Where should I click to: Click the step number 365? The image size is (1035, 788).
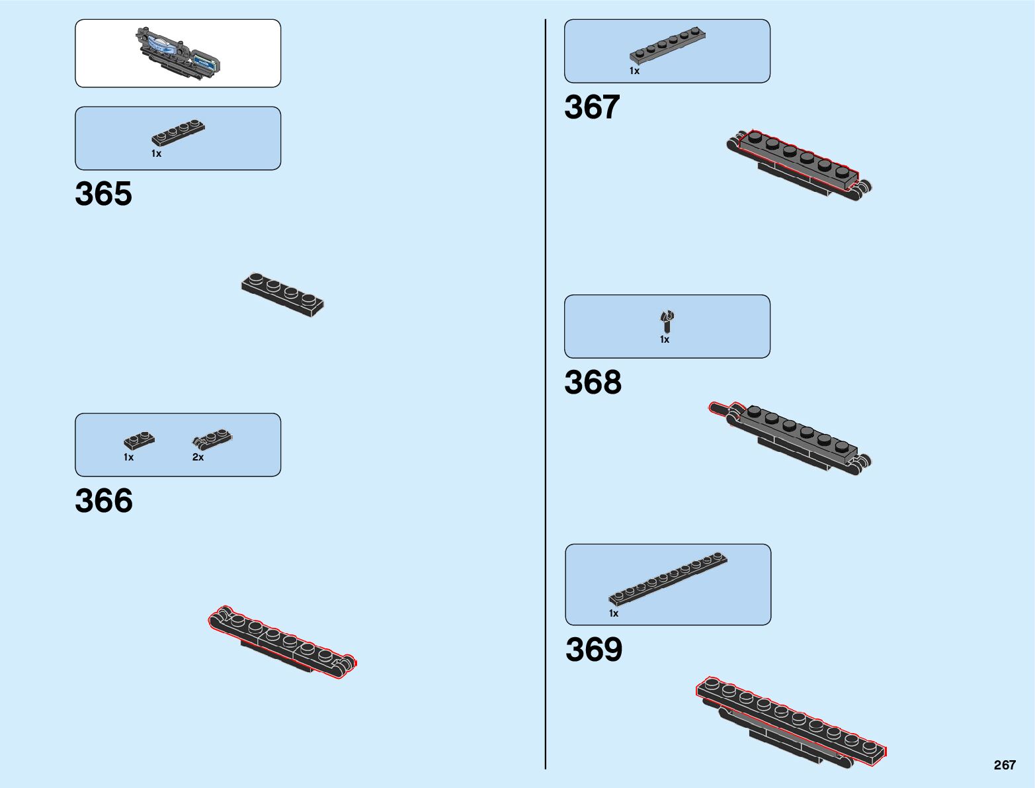[103, 194]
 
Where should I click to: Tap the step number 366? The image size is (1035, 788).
[104, 501]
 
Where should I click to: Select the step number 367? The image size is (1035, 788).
[592, 107]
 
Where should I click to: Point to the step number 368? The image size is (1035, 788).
[593, 382]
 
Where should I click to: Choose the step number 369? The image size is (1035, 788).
[594, 650]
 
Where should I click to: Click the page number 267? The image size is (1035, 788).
[1004, 765]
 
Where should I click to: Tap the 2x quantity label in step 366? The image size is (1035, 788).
[198, 457]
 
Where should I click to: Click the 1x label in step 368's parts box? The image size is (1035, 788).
[665, 339]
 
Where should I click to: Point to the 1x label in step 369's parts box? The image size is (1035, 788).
[614, 613]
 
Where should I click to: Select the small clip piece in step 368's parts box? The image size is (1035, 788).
[667, 321]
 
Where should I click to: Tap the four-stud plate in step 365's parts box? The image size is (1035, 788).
[178, 132]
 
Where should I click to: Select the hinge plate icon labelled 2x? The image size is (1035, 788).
[212, 439]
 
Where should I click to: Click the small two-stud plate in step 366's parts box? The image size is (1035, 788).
[139, 440]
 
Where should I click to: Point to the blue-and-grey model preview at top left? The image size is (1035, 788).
[177, 53]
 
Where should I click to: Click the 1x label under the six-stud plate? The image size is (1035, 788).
[634, 71]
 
